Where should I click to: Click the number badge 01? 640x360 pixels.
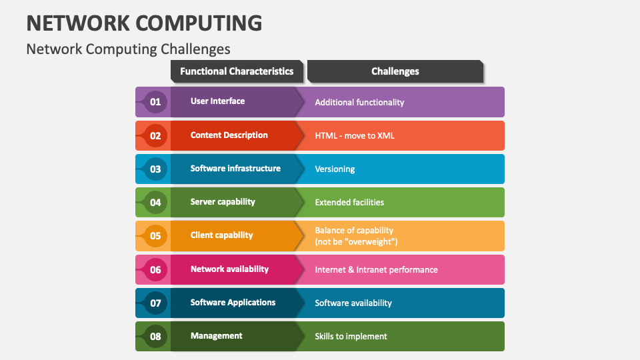pos(155,102)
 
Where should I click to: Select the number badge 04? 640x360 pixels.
pos(155,202)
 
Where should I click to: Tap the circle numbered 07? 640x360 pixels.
pos(155,303)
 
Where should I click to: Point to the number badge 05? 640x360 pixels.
pos(155,235)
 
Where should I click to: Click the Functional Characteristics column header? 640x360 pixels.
pos(237,71)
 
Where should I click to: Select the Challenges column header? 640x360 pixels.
pos(395,71)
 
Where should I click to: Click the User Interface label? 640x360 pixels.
pos(217,101)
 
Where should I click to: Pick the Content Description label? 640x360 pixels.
pos(229,135)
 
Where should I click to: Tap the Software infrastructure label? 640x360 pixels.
pos(235,169)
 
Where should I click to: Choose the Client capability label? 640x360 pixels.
pos(221,235)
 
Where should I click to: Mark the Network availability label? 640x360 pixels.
pos(229,269)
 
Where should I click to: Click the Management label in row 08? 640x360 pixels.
pos(216,336)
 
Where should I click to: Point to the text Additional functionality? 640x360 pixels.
pos(359,102)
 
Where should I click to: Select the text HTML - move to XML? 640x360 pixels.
pos(355,135)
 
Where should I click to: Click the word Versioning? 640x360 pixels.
pos(335,169)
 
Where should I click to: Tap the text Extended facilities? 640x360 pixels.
pos(349,202)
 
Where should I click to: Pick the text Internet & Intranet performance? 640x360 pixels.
pos(376,270)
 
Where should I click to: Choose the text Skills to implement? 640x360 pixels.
pos(351,337)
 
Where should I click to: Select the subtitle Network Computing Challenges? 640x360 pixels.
pos(128,49)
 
